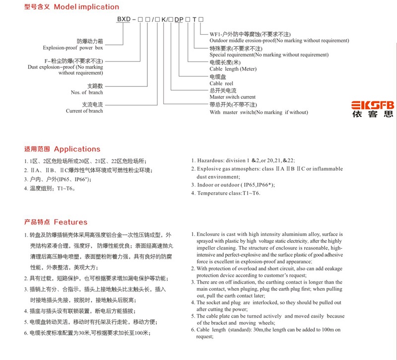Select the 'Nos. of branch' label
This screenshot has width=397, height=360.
[x=87, y=92]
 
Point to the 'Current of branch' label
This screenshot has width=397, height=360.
[x=84, y=111]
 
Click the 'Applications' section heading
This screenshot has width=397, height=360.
[x=77, y=149]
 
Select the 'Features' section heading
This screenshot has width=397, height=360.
[x=70, y=222]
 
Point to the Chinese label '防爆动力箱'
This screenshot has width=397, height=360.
[x=90, y=40]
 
